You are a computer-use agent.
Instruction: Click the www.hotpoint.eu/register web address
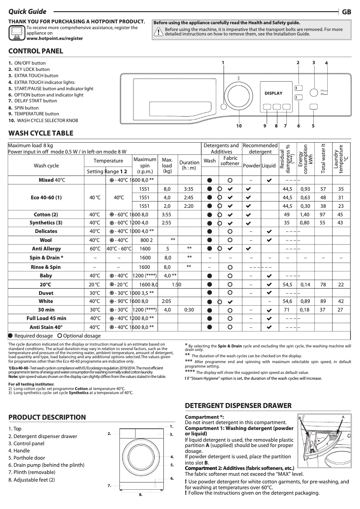[54, 39]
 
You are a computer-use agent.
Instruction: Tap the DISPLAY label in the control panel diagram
[273, 93]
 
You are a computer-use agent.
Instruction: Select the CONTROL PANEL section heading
[36, 51]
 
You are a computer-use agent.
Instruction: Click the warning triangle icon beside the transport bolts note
[158, 31]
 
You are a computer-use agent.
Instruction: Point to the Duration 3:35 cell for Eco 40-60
[189, 189]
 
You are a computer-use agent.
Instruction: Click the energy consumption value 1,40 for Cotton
[305, 215]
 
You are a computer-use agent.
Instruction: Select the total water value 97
[322, 215]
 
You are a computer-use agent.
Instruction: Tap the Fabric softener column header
[230, 161]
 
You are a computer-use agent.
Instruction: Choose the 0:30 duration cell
[189, 310]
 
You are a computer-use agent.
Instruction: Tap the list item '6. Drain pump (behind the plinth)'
[46, 465]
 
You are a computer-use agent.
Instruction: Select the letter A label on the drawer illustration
[342, 417]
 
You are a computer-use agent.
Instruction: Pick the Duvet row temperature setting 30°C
[95, 293]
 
